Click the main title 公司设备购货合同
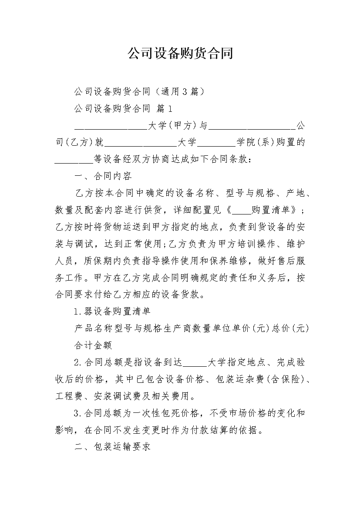(x=180, y=54)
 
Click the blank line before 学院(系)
(x=216, y=142)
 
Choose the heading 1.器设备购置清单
(x=112, y=311)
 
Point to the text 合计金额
(x=94, y=345)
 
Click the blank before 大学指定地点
(x=197, y=362)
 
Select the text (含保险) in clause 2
(x=286, y=379)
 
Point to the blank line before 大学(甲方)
(x=111, y=125)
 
